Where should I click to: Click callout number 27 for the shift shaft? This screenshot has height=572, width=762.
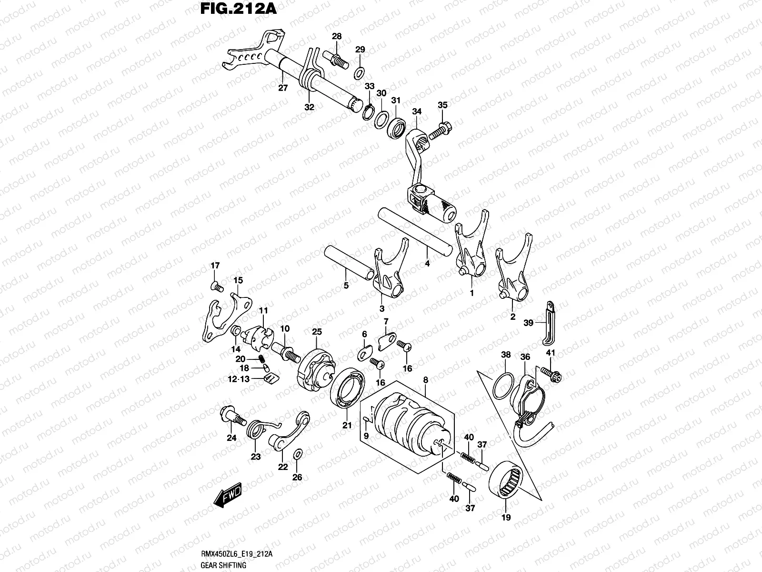pos(283,88)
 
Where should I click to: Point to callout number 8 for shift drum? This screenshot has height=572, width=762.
pos(425,380)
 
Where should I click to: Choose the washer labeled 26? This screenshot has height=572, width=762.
pos(297,453)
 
